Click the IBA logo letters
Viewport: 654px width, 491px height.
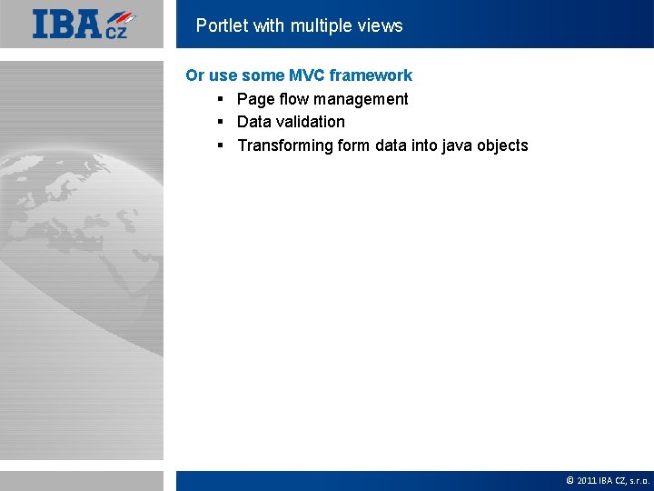pos(67,24)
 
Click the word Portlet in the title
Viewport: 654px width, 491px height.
pos(222,25)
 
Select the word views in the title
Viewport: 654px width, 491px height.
pos(380,25)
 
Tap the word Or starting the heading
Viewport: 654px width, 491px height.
pos(195,75)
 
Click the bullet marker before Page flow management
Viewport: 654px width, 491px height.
pos(221,99)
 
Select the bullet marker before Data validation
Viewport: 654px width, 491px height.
pos(221,122)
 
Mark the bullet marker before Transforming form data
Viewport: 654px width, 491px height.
pos(221,145)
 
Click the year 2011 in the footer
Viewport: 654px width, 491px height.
pos(586,480)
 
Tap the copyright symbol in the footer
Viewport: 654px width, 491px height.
pos(570,480)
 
